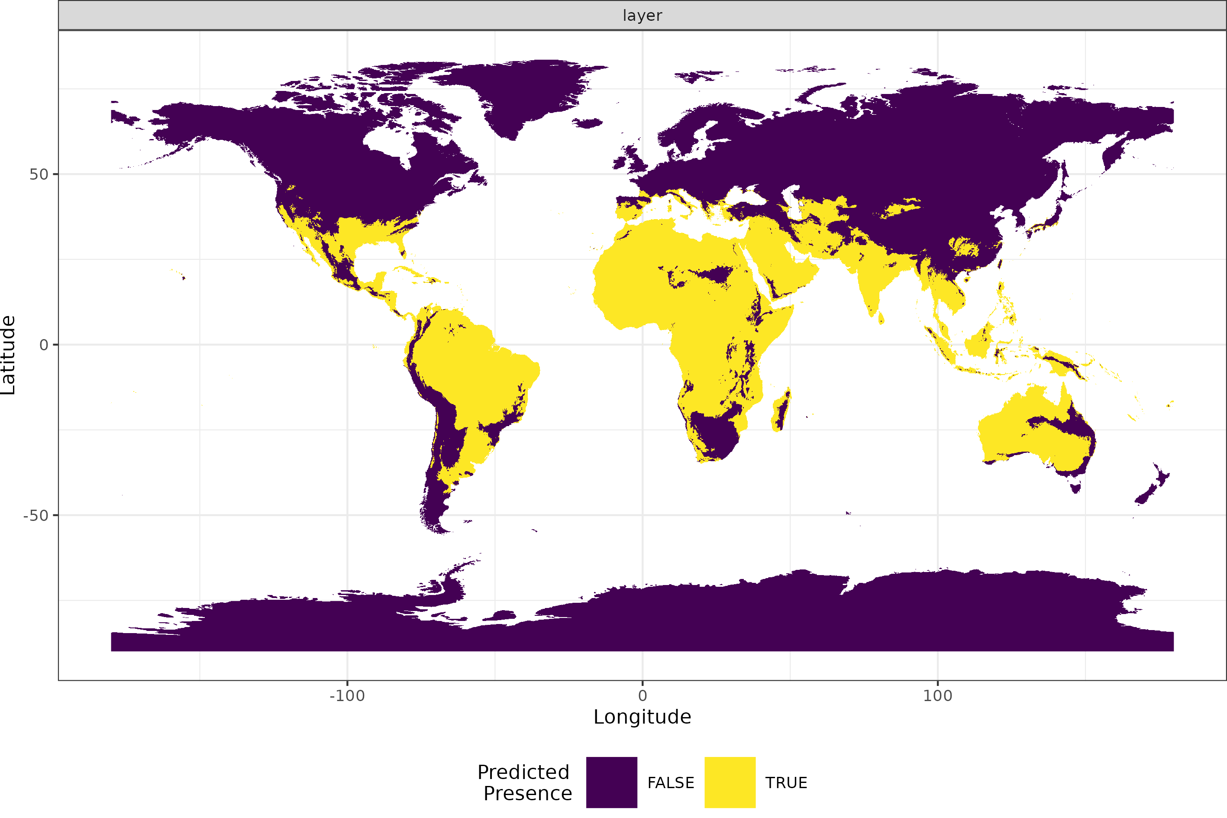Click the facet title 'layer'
[x=642, y=16]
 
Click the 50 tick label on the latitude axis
[x=38, y=174]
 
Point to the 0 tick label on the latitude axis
[x=44, y=345]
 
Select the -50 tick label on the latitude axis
[x=36, y=515]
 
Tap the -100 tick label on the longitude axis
[x=347, y=696]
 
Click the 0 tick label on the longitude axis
[x=643, y=696]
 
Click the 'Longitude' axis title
[x=642, y=717]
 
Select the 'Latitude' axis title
[x=8, y=355]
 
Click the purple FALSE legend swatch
[x=611, y=782]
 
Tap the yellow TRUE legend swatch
[x=730, y=782]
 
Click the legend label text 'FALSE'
[x=671, y=783]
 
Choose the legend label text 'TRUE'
[x=786, y=783]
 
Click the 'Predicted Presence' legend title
[x=525, y=782]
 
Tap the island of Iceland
[x=588, y=123]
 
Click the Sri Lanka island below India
[x=881, y=318]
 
